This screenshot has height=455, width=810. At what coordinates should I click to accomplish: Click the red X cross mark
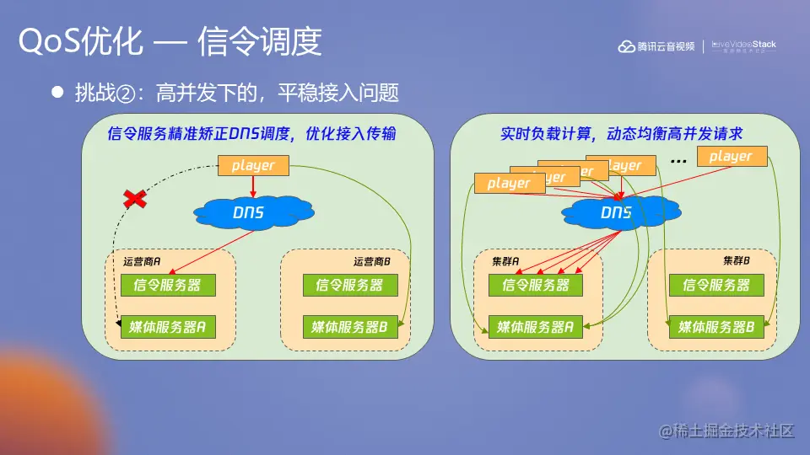point(133,199)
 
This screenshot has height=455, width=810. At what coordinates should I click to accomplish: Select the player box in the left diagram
point(253,166)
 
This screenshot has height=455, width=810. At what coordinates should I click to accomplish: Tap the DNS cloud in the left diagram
point(248,213)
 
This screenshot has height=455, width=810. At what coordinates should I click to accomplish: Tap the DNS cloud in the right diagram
point(616,213)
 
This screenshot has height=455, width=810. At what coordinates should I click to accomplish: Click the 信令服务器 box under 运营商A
point(169,285)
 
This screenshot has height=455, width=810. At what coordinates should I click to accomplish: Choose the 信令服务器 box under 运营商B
point(348,285)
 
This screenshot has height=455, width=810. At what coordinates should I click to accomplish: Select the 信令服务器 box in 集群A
point(535,285)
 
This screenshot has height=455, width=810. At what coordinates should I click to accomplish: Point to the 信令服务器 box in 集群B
point(715,285)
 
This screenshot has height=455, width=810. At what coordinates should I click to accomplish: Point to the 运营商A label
point(142,262)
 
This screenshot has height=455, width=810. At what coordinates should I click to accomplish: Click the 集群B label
point(737,261)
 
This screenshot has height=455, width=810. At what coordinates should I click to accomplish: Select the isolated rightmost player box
point(731,156)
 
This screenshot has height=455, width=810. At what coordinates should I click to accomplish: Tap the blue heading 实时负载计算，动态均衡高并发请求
point(620,135)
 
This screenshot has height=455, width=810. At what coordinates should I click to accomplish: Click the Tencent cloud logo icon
point(626,46)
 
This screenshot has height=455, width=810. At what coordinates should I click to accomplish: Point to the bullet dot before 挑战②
point(58,93)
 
